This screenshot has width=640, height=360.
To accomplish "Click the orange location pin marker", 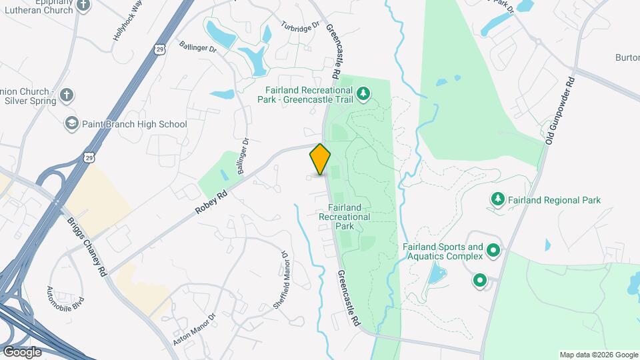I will [x=321, y=159].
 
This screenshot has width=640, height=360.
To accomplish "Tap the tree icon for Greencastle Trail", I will [x=363, y=93].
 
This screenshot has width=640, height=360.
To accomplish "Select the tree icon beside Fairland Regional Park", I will [x=497, y=199].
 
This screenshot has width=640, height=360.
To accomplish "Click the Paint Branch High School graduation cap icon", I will [x=71, y=124].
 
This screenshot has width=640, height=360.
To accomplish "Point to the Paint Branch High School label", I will [x=135, y=124].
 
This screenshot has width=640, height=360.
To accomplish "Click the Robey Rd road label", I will [x=212, y=200].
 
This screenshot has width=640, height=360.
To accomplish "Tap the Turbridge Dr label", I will [x=296, y=27].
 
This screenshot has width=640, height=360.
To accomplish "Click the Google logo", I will [x=22, y=351].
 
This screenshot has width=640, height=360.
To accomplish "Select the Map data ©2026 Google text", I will [x=598, y=355].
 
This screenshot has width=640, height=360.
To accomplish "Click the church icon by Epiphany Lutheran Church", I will [x=83, y=5].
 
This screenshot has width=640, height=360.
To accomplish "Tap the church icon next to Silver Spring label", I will [x=66, y=95].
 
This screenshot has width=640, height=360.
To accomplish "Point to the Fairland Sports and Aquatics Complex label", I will [x=442, y=251].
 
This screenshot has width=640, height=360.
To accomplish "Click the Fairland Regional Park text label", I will [x=554, y=200].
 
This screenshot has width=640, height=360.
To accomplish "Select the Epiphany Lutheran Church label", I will [x=33, y=5].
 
